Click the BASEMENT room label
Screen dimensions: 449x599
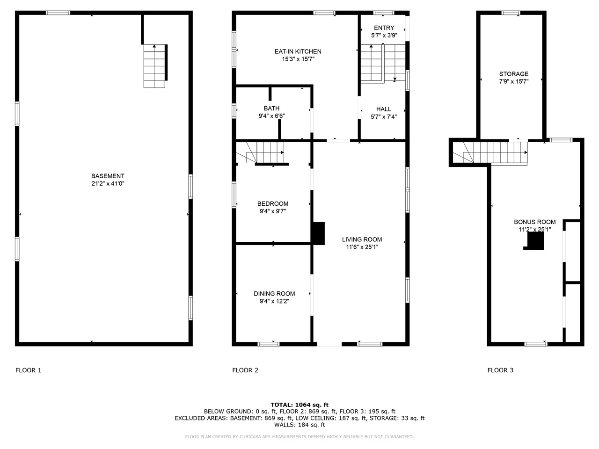[x=108, y=176]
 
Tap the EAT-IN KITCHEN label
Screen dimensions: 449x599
[x=298, y=51]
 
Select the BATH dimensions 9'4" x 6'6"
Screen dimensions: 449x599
[x=271, y=116]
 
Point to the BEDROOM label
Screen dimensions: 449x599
[x=273, y=203]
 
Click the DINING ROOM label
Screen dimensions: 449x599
[x=274, y=294]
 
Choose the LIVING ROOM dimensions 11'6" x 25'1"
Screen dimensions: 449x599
[x=362, y=247]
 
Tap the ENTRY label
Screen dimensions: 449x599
[x=384, y=28]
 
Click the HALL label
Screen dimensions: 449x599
[x=384, y=109]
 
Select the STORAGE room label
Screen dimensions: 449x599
[x=513, y=74]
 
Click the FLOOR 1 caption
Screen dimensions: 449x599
[x=29, y=370]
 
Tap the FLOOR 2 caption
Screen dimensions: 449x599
[x=245, y=370]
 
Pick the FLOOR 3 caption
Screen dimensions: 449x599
[x=500, y=370]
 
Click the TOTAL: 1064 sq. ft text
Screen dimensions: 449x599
[x=299, y=405]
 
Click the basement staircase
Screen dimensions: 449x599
[x=154, y=66]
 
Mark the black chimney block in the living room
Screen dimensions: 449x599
[x=319, y=233]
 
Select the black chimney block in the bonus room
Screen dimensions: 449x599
[x=536, y=241]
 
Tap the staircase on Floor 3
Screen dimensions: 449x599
[x=496, y=152]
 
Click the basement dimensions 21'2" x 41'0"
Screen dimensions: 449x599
[x=108, y=184]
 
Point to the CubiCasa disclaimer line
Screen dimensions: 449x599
[x=299, y=437]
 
